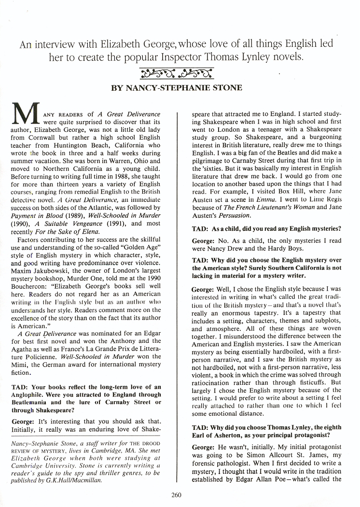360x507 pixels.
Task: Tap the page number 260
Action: [177, 493]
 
